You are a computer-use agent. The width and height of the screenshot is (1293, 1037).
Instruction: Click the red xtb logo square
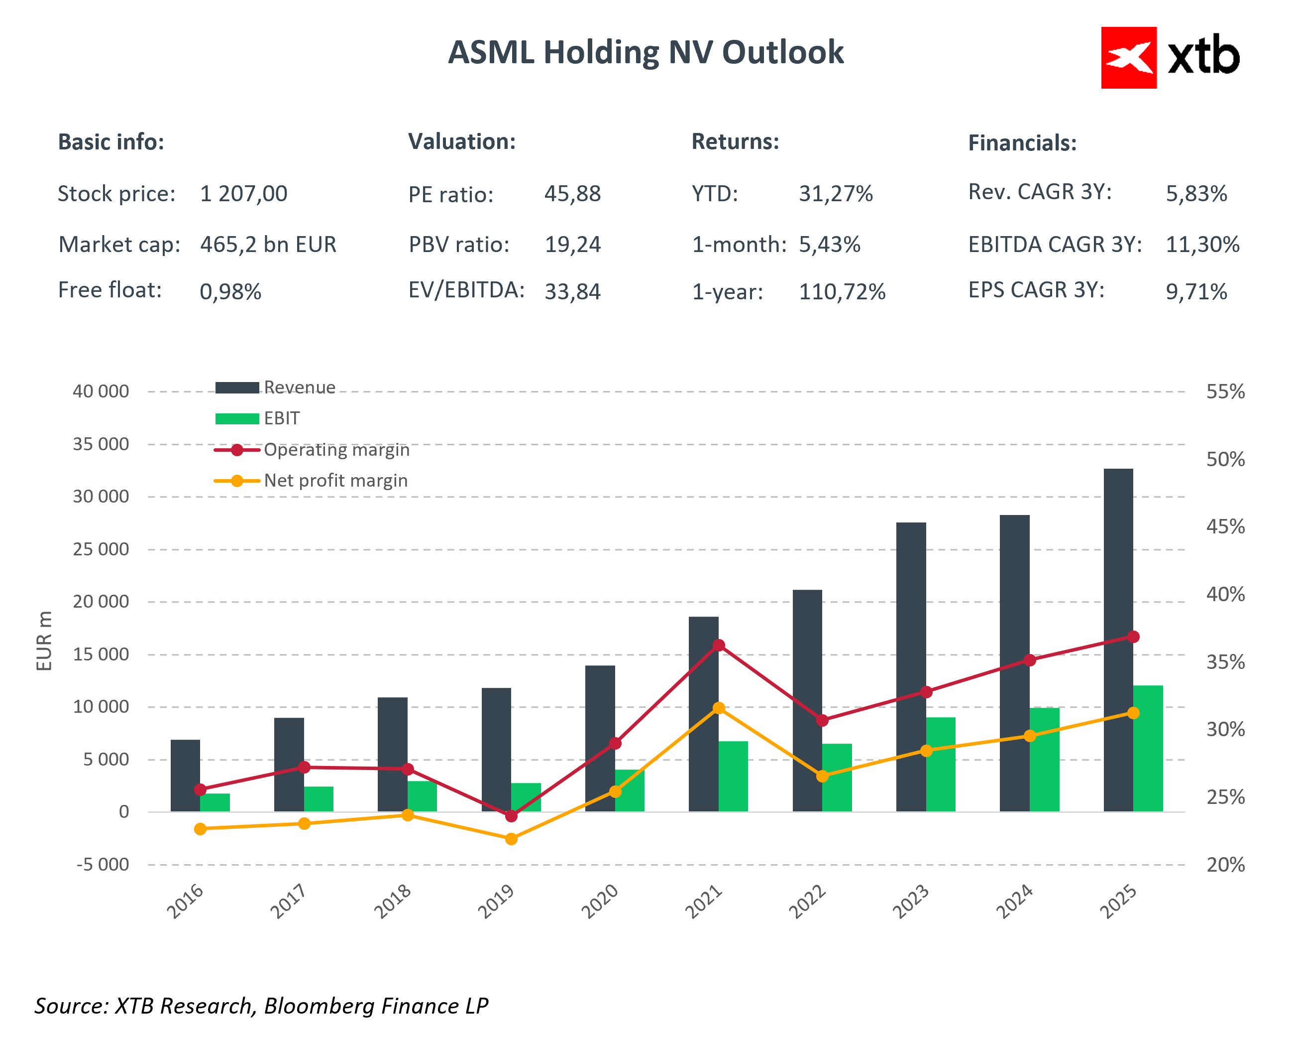(x=1128, y=58)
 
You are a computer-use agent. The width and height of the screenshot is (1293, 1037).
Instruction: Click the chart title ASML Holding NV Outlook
(x=646, y=52)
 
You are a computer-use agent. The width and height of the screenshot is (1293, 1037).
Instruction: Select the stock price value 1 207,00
(x=243, y=194)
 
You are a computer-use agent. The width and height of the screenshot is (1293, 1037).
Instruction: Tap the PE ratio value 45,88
(x=572, y=194)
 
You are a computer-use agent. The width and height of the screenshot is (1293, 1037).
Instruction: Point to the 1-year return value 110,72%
(x=842, y=292)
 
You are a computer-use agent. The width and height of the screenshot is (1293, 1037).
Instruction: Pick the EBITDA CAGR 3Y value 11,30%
(x=1202, y=244)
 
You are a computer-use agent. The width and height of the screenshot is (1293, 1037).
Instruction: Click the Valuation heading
(x=462, y=141)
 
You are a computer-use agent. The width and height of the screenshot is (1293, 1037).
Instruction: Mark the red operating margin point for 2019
(x=511, y=816)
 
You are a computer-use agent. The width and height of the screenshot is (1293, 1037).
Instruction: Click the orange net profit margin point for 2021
(x=719, y=708)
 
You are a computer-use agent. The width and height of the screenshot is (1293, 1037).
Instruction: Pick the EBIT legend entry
(x=281, y=418)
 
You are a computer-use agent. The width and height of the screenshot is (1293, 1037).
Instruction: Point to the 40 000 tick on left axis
(x=101, y=391)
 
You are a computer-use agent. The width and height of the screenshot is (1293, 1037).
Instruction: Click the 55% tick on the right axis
(x=1225, y=391)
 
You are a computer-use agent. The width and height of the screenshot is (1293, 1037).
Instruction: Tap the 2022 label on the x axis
(x=807, y=902)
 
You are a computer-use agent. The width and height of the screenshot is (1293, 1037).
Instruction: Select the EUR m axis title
(x=44, y=641)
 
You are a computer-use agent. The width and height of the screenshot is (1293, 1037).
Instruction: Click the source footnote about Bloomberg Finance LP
(x=261, y=1006)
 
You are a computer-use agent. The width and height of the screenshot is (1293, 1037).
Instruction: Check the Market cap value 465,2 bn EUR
(x=268, y=244)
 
